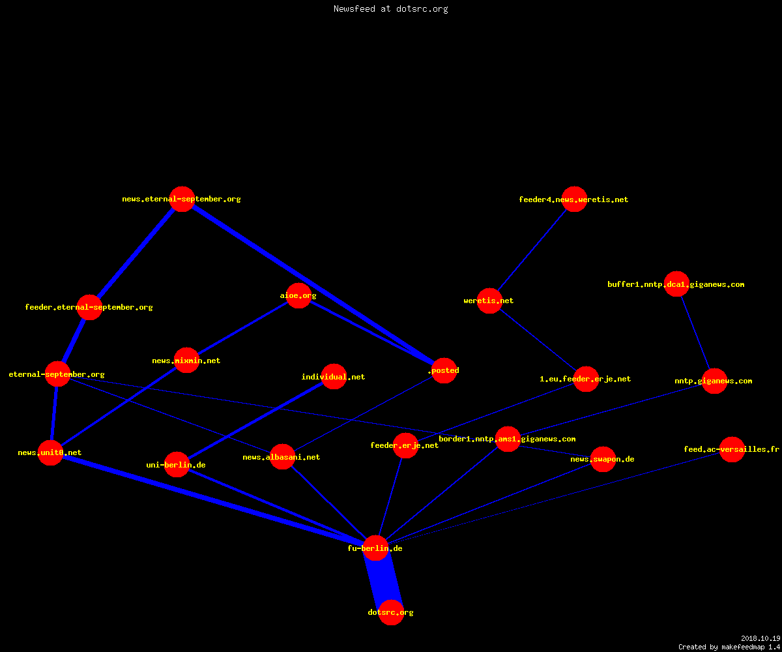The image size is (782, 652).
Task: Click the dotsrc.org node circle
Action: pos(391,612)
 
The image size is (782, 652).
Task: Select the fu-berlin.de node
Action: pos(375,548)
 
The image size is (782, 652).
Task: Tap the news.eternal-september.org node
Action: pos(182,199)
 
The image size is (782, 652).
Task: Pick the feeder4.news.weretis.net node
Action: pos(574,199)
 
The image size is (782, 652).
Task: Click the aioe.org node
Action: pos(298,295)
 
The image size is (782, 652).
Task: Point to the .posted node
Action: pos(444,370)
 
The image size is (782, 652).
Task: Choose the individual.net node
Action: pos(334,377)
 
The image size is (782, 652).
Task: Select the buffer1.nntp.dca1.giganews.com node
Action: pos(676,284)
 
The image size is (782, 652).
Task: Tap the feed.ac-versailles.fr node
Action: pos(732,449)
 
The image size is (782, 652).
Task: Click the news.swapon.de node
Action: pos(603,459)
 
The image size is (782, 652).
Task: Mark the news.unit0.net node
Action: pos(50,452)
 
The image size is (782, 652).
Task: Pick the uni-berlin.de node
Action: pos(177,465)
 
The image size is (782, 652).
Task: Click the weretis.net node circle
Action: pos(489,301)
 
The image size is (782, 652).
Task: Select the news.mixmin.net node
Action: pos(186,361)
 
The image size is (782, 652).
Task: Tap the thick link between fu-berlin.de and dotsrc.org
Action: pos(383,580)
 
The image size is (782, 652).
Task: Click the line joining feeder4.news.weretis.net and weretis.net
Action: pos(532,250)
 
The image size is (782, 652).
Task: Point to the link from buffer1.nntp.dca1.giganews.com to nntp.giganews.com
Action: pos(695,333)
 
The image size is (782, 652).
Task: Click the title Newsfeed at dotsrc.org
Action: pos(390,8)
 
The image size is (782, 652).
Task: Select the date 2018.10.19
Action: pos(760,638)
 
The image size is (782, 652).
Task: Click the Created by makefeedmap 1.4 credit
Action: pos(729,647)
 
